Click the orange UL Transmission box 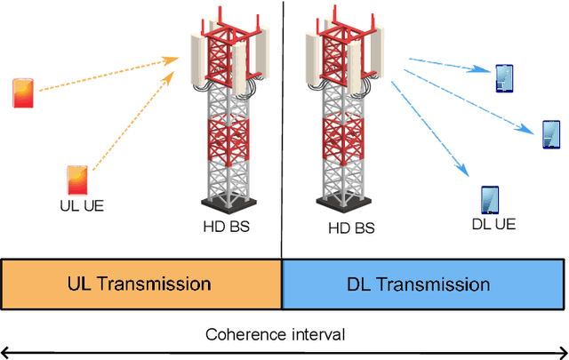(140, 284)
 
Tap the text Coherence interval (275, 334)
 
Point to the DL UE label (493, 224)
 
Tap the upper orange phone (23, 92)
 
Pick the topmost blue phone (504, 79)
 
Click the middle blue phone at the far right (552, 134)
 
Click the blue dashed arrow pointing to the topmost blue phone (449, 68)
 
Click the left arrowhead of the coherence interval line (5, 350)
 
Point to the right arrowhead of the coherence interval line (563, 350)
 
